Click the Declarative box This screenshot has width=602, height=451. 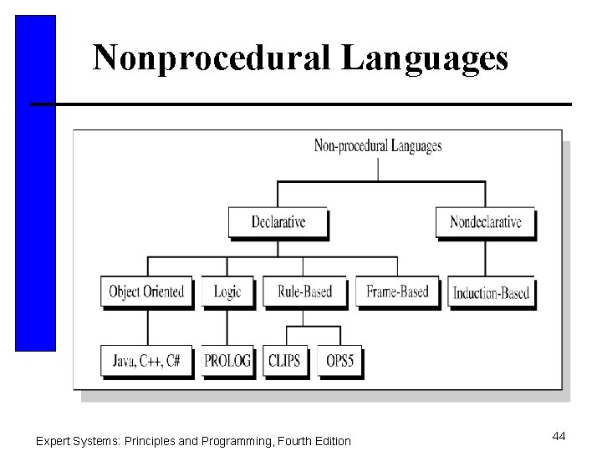[x=278, y=222]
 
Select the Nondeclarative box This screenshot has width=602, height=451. [x=485, y=222]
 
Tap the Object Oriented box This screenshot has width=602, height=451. [x=147, y=291]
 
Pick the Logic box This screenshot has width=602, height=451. [x=227, y=291]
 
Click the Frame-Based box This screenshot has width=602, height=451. [x=397, y=291]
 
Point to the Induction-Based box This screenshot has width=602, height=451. [x=490, y=292]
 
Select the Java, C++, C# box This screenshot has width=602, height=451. [x=147, y=361]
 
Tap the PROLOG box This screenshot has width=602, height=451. [x=227, y=361]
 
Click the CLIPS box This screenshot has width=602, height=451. [x=285, y=361]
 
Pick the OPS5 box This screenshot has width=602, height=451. [x=339, y=361]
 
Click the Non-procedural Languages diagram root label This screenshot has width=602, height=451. [x=378, y=146]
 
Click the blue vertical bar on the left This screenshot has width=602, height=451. [x=35, y=184]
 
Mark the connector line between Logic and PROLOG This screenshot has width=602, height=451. [x=227, y=326]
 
